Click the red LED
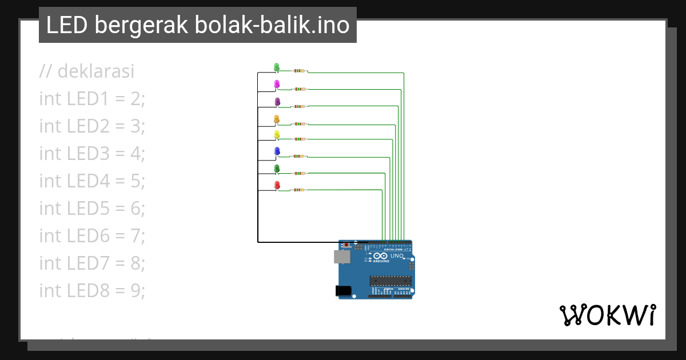click(277, 185)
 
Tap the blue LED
click(277, 151)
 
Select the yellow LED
click(277, 134)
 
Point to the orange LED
click(277, 118)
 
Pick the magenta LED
click(277, 84)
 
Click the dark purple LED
click(277, 101)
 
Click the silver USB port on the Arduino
click(342, 257)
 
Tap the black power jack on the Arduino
click(343, 290)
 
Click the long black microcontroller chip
click(390, 280)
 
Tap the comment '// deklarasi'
click(86, 71)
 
